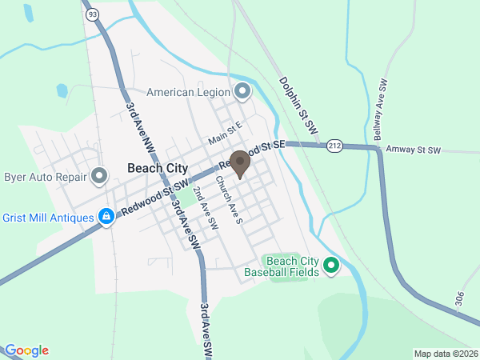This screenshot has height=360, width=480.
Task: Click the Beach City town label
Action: coord(157,168)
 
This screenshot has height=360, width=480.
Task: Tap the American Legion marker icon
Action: coord(242,90)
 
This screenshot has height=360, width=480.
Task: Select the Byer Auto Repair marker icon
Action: coord(99,175)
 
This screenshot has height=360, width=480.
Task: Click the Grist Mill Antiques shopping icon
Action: coord(106,216)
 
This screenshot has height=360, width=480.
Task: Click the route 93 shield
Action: coord(94,14)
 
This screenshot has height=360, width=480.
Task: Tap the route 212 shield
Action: coord(334,145)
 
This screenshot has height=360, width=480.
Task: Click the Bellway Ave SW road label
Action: coord(383,108)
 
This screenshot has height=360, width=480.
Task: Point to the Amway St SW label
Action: coord(413,150)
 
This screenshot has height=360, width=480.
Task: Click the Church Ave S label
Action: coord(228,200)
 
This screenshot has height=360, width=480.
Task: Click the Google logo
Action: coord(26,350)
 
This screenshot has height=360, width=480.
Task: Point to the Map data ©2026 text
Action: coord(445,354)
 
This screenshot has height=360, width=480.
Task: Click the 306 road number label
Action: coord(459,299)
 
